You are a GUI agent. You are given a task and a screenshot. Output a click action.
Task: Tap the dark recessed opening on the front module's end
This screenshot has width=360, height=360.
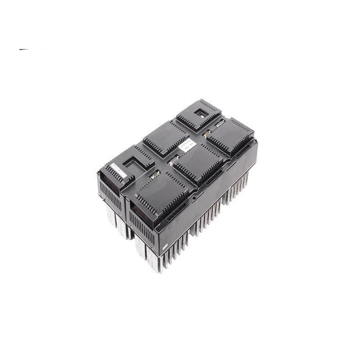click(134, 207)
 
